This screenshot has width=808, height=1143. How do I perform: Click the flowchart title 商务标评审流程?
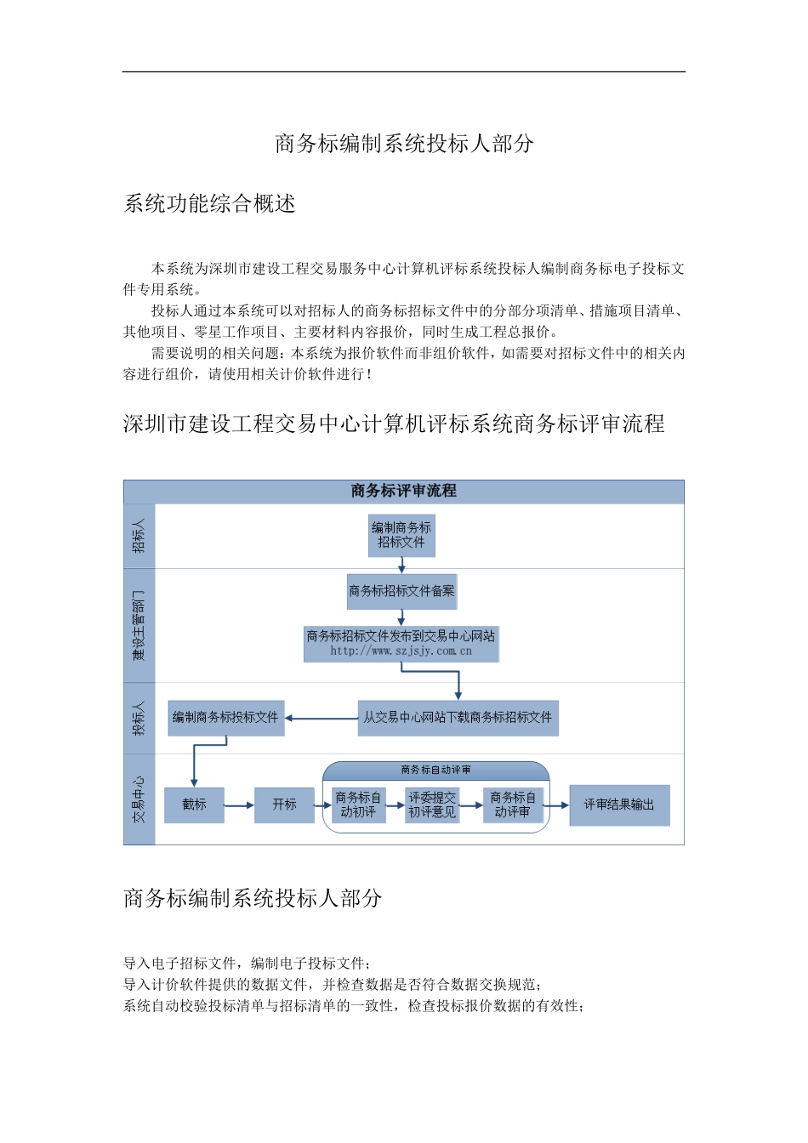coord(403,491)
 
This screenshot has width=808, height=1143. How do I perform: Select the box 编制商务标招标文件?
coord(401,535)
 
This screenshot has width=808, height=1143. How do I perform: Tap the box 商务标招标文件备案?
coord(401,591)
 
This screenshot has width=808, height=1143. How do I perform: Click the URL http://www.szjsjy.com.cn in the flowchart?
coord(401,651)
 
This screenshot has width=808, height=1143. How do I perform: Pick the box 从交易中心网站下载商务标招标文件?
coord(458,718)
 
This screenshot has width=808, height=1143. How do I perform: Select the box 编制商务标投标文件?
coord(225,718)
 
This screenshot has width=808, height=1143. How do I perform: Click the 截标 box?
coord(194,805)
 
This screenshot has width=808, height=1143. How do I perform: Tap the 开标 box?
coord(284,805)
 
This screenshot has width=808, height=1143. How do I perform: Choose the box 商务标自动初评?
coord(358,805)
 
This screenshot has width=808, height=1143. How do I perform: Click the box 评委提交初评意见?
coord(432,805)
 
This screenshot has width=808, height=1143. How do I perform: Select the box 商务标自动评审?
coord(513,805)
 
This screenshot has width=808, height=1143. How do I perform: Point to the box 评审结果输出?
coord(619,805)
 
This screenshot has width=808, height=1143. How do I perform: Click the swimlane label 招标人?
coord(139,536)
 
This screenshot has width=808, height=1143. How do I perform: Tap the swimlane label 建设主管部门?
coord(139,625)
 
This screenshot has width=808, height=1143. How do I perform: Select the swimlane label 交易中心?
coord(139,799)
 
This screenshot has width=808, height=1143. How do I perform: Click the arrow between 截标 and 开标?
coord(239,805)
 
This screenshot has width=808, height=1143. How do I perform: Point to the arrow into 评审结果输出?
coord(557,805)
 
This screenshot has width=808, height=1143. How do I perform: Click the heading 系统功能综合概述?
coord(209,204)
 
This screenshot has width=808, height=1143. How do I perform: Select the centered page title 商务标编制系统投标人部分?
coord(404,144)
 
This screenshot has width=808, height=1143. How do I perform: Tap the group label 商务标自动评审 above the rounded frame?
coord(435,770)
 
